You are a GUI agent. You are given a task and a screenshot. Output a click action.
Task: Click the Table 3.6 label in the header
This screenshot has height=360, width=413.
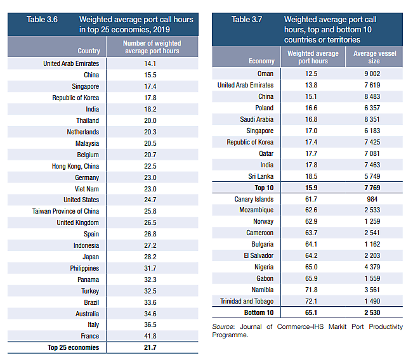pyautogui.click(x=42, y=20)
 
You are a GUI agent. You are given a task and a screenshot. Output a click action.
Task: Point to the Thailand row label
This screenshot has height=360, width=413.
pyautogui.click(x=87, y=120)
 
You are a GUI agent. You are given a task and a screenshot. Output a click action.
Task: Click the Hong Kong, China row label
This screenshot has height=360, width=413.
pyautogui.click(x=75, y=166)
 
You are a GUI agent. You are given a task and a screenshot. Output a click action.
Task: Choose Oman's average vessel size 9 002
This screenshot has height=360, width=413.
pyautogui.click(x=374, y=74)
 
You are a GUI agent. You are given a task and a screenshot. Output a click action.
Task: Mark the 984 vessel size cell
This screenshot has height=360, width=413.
pyautogui.click(x=374, y=199)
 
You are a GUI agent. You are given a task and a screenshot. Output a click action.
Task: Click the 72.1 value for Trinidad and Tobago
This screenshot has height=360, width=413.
pyautogui.click(x=312, y=301)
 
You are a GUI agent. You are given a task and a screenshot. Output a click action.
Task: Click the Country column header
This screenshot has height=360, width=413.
pyautogui.click(x=88, y=51)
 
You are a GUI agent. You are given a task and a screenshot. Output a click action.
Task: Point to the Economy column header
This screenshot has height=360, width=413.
pyautogui.click(x=261, y=61)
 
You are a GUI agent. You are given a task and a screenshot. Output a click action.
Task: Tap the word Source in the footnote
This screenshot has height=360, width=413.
pyautogui.click(x=224, y=326)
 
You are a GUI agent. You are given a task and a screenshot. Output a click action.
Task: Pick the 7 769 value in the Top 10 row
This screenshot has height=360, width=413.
pyautogui.click(x=374, y=188)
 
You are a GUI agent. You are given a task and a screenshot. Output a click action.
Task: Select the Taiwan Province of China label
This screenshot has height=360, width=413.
pyautogui.click(x=66, y=211)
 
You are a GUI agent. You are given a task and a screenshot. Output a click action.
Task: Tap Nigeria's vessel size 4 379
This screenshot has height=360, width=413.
pyautogui.click(x=374, y=267)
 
